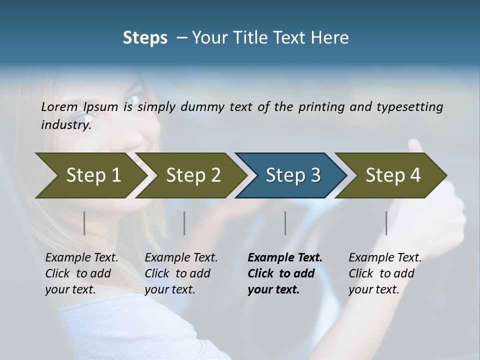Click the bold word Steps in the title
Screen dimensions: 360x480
(x=145, y=38)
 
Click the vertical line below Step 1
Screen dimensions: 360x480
(x=84, y=223)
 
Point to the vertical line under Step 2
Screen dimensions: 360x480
(x=184, y=223)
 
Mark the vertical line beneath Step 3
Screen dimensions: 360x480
(x=285, y=223)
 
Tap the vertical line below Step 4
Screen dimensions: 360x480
(x=386, y=223)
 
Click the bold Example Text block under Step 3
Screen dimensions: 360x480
(x=284, y=273)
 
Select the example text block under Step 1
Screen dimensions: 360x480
(x=81, y=273)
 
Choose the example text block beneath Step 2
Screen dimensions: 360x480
(x=181, y=273)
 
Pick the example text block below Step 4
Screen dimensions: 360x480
(x=385, y=273)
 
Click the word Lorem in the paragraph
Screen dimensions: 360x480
(x=59, y=106)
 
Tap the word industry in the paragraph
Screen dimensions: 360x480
(x=65, y=124)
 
